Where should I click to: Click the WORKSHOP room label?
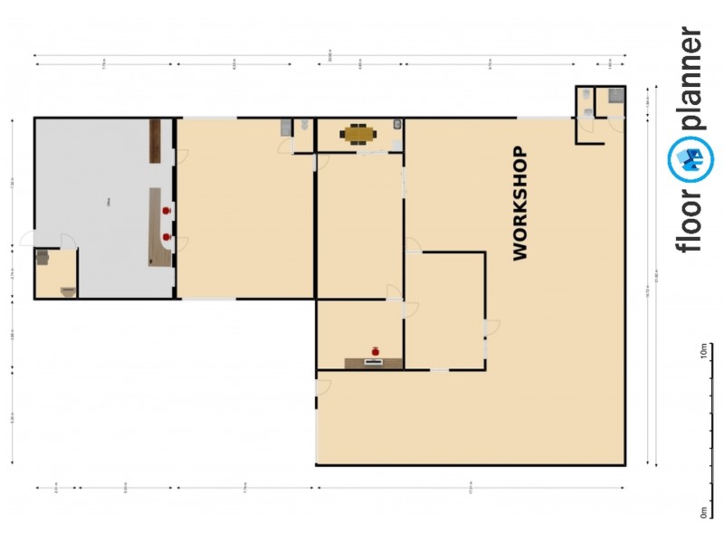(519, 204)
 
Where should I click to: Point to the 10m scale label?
(703, 351)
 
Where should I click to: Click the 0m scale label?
(703, 511)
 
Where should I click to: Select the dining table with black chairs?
(358, 135)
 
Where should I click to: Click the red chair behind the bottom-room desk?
(376, 350)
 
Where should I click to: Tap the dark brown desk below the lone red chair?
(374, 363)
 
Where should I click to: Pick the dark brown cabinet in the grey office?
(155, 141)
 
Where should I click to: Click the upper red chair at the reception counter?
(167, 210)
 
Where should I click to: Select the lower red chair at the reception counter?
(167, 236)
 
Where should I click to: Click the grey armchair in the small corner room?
(43, 257)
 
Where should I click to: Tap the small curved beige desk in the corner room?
(67, 291)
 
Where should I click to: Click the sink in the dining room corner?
(397, 125)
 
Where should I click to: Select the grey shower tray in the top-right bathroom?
(616, 93)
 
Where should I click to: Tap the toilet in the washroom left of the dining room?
(306, 126)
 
